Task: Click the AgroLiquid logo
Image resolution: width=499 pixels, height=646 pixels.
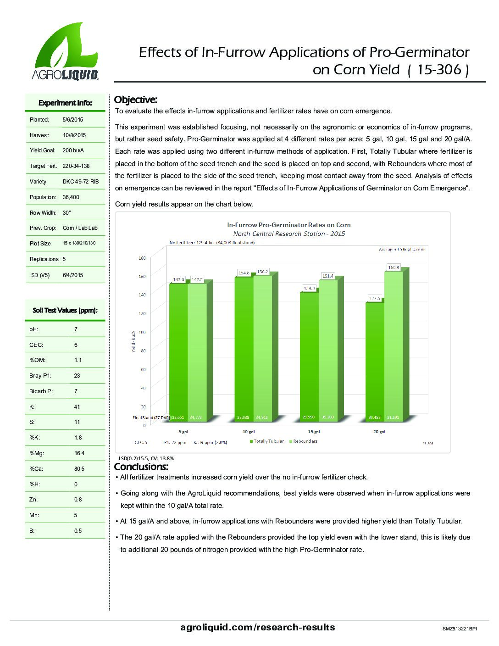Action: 65,51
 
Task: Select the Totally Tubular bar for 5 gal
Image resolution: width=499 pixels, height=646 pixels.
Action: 178,349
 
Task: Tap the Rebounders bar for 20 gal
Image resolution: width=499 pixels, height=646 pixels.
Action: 393,344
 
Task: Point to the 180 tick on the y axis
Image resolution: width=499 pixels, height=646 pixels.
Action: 142,258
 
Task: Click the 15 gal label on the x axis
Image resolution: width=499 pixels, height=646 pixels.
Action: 314,432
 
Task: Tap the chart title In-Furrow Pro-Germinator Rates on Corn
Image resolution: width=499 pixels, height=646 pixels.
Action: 289,225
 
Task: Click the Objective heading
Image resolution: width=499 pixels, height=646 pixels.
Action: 135,100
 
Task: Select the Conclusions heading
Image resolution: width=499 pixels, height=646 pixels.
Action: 141,467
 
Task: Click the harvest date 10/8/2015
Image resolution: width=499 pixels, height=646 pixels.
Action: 74,135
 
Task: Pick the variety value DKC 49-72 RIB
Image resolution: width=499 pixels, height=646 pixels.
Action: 80,182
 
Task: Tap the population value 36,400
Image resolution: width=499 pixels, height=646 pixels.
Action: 71,197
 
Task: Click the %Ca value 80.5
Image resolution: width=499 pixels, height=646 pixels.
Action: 79,469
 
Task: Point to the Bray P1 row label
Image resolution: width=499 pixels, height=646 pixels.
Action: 40,376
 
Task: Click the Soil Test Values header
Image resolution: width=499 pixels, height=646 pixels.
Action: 65,311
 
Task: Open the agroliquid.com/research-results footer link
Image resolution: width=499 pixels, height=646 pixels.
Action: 257,627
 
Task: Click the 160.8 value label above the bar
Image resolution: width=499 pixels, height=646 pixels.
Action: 394,267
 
